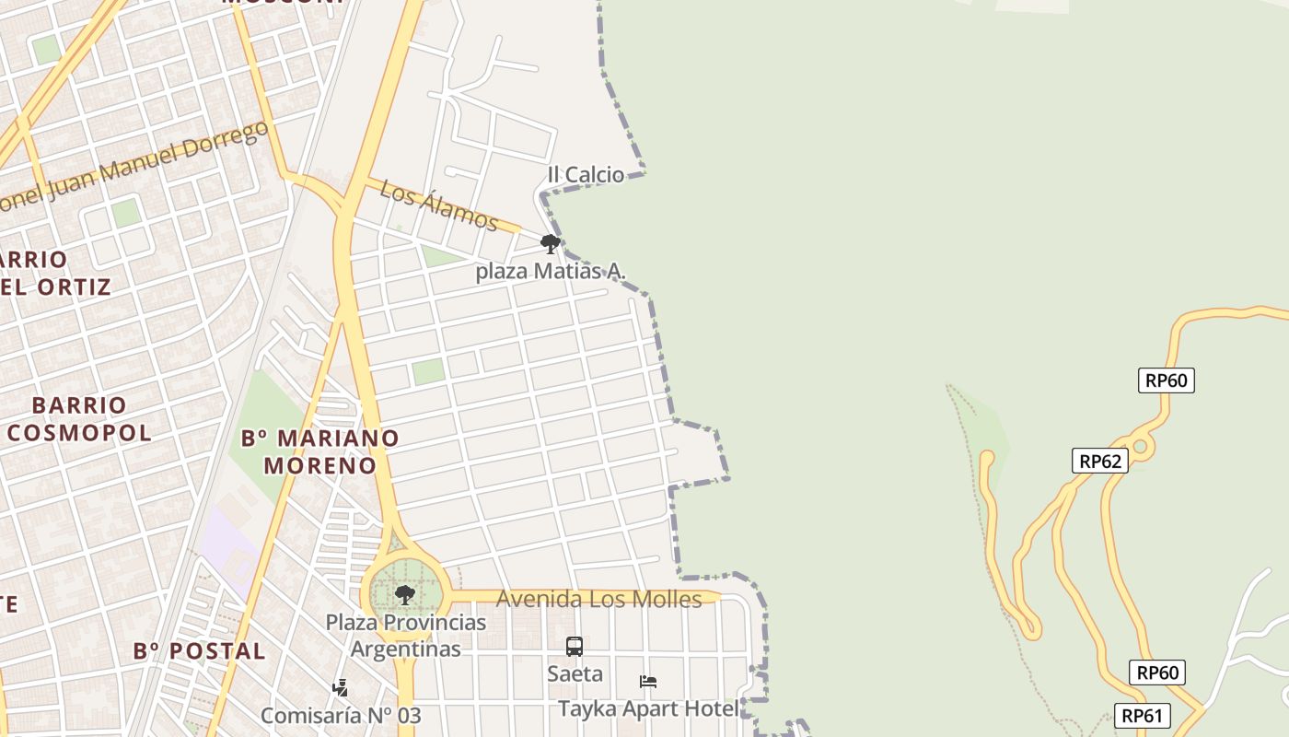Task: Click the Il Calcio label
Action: click(586, 174)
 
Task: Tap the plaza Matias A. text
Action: click(551, 271)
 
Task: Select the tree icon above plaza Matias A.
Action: click(551, 244)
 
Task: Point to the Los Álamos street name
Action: click(439, 205)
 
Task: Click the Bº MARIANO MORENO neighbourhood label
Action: click(320, 451)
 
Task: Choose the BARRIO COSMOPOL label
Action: click(79, 418)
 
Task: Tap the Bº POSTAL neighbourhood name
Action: click(199, 651)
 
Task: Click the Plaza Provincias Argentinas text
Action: click(405, 636)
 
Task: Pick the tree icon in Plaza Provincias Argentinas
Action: click(404, 594)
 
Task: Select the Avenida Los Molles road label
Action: click(598, 600)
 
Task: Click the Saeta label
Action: click(575, 673)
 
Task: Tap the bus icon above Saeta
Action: click(575, 647)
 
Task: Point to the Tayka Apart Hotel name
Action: click(648, 708)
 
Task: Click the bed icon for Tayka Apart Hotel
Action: click(648, 682)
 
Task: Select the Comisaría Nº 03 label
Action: click(341, 715)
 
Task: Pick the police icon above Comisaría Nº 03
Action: click(340, 687)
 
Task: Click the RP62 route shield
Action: click(1099, 461)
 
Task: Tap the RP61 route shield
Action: click(1143, 715)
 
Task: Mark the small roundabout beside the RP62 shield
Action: click(1141, 447)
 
